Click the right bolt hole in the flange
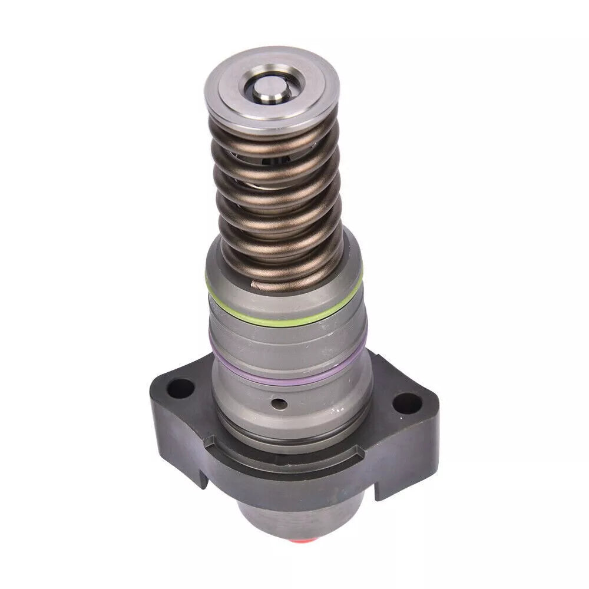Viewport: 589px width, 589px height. click(x=408, y=404)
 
